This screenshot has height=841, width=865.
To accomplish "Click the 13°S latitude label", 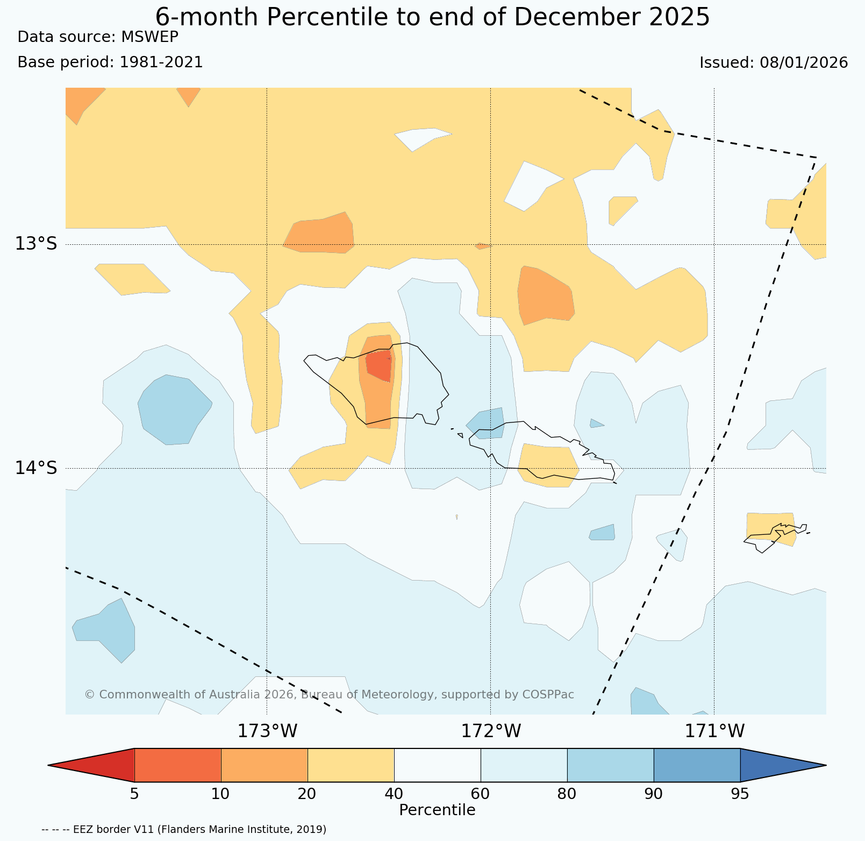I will pos(35,244).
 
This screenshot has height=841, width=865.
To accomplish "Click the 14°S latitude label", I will pos(35,468).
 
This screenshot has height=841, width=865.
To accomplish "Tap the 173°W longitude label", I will pos(267,731).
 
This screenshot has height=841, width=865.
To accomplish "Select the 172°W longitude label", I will pos(491,731).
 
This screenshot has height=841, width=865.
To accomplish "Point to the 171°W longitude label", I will pos(714,731).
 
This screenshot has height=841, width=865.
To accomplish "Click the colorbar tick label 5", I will pos(134,794).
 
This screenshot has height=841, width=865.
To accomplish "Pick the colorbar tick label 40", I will pos(394,794).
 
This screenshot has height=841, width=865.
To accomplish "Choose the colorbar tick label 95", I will pos(740,794).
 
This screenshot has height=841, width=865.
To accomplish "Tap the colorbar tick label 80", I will pos(567,794).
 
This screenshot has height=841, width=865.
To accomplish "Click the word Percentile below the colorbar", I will pos(437,810).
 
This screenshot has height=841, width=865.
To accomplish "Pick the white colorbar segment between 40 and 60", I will pos(437,765).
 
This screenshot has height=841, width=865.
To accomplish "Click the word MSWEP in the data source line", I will pos(149,37).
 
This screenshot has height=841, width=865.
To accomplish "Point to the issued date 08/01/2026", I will pos(804,63).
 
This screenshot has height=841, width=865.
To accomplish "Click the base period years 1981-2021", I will pos(161,62).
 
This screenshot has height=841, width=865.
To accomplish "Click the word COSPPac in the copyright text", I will pos(548,695).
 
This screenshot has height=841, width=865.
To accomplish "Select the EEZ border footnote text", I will pos(184,829).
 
